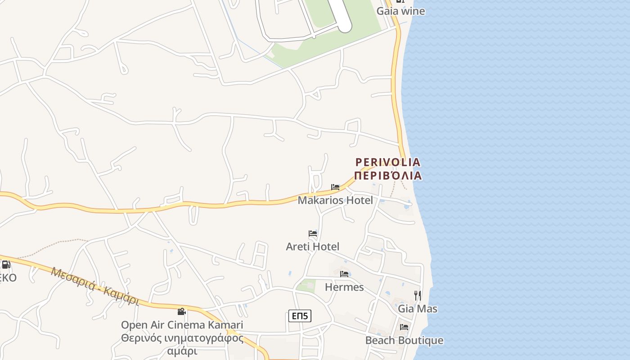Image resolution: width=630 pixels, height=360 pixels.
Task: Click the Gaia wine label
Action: click(x=400, y=11)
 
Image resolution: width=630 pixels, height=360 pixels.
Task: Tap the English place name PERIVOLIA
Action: click(x=388, y=162)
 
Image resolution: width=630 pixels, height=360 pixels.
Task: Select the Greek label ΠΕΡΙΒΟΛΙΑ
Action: click(x=388, y=175)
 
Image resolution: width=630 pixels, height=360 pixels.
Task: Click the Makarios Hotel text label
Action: click(x=335, y=200)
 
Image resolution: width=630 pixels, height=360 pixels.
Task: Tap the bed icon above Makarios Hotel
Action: click(x=335, y=187)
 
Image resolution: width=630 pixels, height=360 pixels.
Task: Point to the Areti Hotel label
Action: click(x=313, y=247)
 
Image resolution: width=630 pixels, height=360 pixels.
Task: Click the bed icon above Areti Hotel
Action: click(x=313, y=234)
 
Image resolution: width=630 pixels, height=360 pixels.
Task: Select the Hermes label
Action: click(x=344, y=287)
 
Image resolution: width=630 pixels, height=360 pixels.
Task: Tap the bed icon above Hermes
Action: click(x=344, y=274)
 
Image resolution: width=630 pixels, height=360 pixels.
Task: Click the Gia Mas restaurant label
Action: click(x=418, y=309)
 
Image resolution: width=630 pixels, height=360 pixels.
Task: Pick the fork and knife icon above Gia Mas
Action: click(x=418, y=295)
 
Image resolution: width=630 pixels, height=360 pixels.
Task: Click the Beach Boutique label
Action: click(x=404, y=340)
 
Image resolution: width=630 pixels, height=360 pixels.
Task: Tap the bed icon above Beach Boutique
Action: click(x=404, y=327)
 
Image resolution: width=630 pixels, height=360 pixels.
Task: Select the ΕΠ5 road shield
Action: click(x=300, y=316)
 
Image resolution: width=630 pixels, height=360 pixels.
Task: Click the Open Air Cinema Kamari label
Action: click(x=182, y=325)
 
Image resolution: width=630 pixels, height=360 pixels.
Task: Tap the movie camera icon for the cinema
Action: click(x=181, y=311)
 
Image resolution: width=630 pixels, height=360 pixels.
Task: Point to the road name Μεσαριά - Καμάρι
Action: click(x=95, y=286)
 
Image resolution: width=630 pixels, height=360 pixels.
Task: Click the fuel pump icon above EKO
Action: click(x=6, y=265)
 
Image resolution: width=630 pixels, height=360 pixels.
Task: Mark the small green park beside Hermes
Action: click(x=306, y=286)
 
